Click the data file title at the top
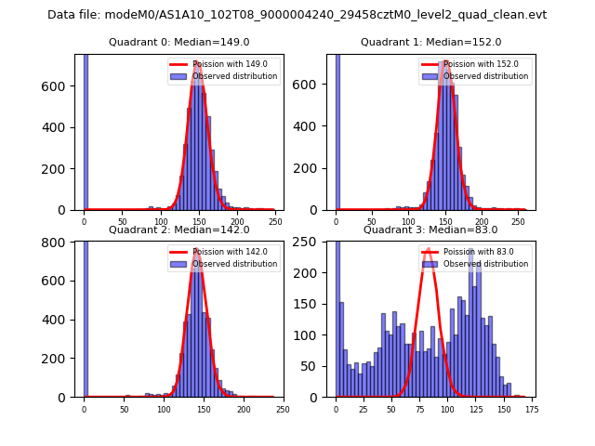(x=297, y=15)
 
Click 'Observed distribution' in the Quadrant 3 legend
(x=485, y=264)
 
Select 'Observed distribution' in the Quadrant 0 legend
(x=234, y=76)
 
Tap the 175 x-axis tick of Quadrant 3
(x=531, y=409)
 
